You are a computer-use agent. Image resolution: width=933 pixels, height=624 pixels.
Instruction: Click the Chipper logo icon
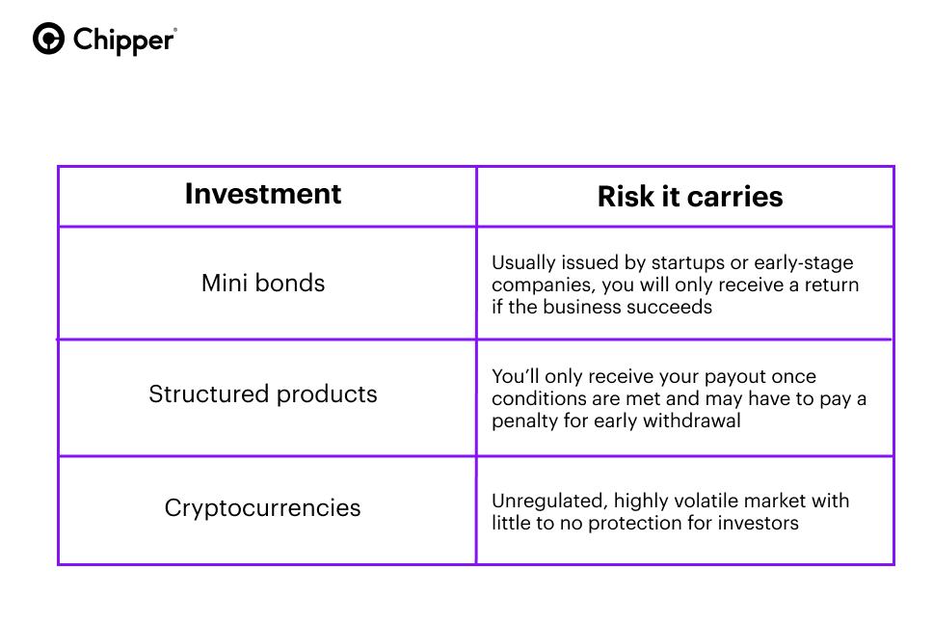49,40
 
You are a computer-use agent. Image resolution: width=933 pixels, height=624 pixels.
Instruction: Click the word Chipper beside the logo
124,41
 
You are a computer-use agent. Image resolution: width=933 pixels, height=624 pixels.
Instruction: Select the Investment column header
263,194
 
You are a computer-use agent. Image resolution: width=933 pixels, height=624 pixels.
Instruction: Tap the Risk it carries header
690,197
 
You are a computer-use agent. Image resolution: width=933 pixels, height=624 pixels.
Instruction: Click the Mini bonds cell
263,283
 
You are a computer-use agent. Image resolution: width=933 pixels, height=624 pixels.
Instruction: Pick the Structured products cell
263,393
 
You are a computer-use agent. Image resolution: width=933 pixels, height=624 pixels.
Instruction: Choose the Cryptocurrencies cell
263,507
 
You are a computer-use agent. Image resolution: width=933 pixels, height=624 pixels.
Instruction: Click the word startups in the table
686,262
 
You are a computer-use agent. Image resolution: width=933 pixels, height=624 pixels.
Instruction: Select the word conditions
535,398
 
